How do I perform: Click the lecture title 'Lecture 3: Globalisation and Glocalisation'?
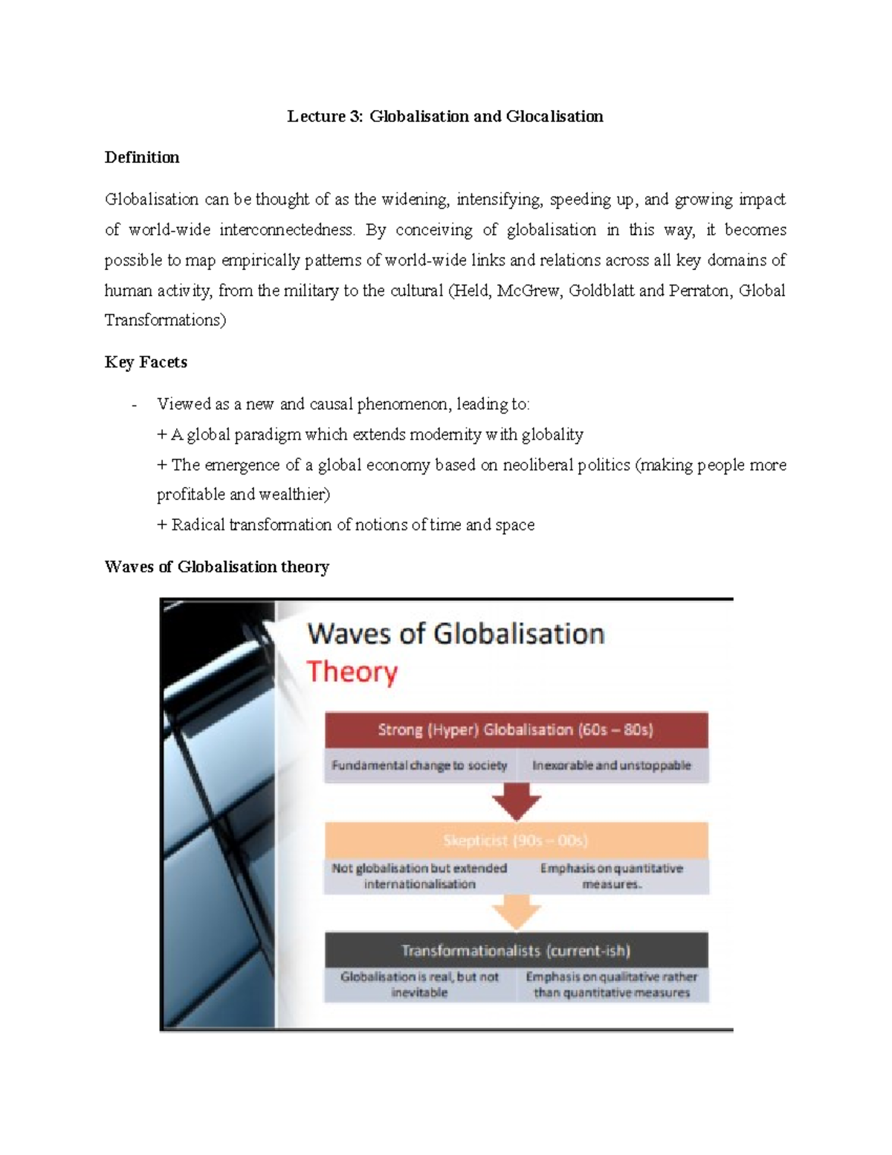click(445, 117)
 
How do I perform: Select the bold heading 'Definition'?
click(142, 158)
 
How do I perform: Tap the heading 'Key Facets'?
click(146, 362)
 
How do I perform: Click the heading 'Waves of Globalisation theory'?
click(216, 567)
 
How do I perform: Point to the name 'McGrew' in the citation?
click(529, 291)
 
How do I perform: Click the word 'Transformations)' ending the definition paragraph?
click(165, 321)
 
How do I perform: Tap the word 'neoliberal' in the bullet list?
click(537, 465)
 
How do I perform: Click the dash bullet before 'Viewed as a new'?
click(134, 405)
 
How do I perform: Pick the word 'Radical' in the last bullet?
click(198, 525)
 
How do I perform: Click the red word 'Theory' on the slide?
click(352, 672)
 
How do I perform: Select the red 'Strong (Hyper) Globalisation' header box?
click(516, 730)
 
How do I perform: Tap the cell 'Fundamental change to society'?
click(420, 765)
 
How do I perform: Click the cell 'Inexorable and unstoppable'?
click(612, 765)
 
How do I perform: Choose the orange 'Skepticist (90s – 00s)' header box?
click(516, 840)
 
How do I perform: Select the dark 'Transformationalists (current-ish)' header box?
click(516, 950)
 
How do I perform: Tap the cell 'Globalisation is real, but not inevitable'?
click(420, 985)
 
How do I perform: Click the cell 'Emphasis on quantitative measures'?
click(612, 876)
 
